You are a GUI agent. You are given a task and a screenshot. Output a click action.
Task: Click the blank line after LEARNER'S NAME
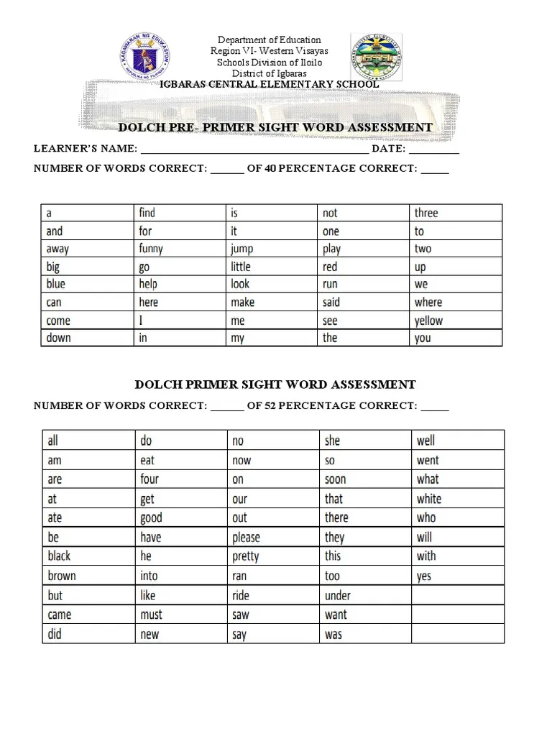click(254, 149)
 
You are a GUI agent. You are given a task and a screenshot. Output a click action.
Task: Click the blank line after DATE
click(434, 149)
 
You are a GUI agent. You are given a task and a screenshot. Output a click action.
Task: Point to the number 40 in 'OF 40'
click(270, 169)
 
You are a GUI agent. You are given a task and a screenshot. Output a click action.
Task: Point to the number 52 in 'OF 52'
click(270, 406)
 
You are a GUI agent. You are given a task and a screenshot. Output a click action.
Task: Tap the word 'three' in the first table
click(425, 213)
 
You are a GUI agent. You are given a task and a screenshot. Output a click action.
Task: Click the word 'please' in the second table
click(246, 538)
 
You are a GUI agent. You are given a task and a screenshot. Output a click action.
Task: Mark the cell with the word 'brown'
click(62, 576)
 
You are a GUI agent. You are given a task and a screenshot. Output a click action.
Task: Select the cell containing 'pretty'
click(246, 556)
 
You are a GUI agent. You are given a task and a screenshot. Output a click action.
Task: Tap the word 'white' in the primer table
click(429, 499)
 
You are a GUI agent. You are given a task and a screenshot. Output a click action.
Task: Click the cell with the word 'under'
click(338, 595)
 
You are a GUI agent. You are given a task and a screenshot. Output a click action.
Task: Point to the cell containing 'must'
click(152, 615)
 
